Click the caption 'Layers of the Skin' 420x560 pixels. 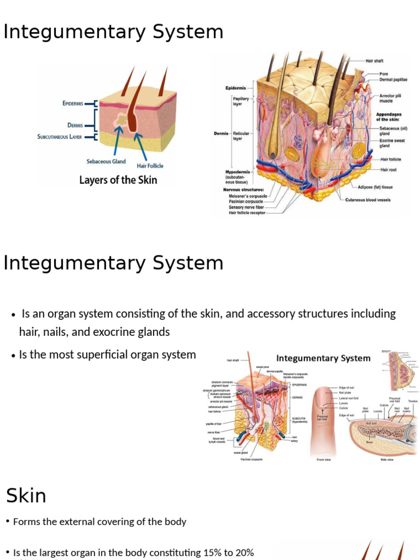[x=118, y=180]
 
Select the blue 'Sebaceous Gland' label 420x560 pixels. [x=106, y=161]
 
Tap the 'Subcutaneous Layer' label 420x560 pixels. [x=60, y=137]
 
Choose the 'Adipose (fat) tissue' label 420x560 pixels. [x=375, y=187]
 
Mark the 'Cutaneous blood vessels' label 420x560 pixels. [x=368, y=200]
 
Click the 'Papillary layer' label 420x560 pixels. [x=241, y=101]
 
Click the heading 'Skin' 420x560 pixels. [x=26, y=496]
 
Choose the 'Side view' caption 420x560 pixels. [x=387, y=459]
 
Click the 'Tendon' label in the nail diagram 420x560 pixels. [x=412, y=401]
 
